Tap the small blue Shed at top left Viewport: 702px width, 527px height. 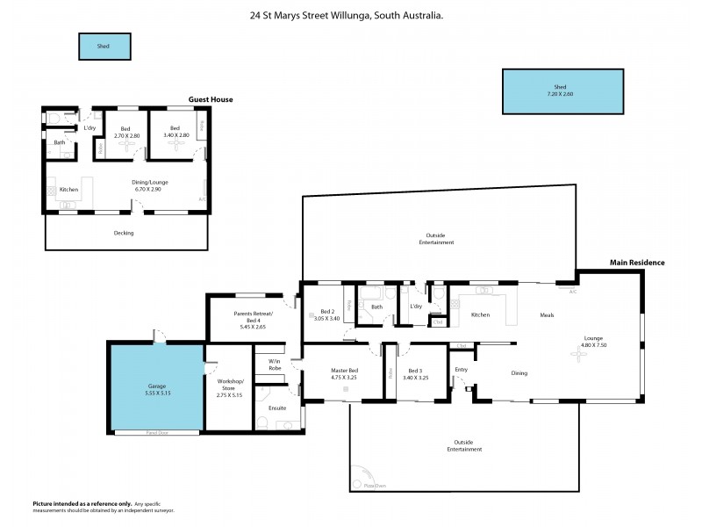pyautogui.click(x=104, y=47)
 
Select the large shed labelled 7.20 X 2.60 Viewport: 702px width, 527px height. pyautogui.click(x=560, y=90)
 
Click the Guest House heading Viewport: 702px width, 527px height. pyautogui.click(x=211, y=100)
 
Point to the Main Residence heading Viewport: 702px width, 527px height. pyautogui.click(x=637, y=263)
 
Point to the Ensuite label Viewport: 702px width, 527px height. pyautogui.click(x=277, y=408)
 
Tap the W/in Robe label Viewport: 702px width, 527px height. pyautogui.click(x=275, y=364)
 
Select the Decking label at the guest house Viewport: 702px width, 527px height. pyautogui.click(x=124, y=233)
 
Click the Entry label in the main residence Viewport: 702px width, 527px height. pyautogui.click(x=462, y=371)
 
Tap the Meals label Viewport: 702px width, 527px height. pyautogui.click(x=547, y=315)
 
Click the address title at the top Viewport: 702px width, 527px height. pyautogui.click(x=346, y=14)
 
